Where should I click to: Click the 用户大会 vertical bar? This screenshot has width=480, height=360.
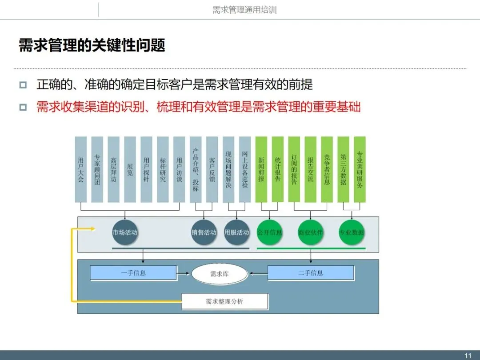(81, 169)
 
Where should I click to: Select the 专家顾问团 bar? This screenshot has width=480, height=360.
(97, 169)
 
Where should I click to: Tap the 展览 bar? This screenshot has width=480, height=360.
(130, 169)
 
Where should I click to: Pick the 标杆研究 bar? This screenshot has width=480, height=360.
(163, 169)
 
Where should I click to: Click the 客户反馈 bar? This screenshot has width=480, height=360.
(212, 169)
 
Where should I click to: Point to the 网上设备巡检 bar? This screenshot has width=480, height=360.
(245, 169)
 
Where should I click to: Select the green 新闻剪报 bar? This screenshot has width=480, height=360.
(261, 169)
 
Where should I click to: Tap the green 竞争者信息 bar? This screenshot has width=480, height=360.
(327, 169)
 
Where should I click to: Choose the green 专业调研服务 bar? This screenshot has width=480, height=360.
(360, 169)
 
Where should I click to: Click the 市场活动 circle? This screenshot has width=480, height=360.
(125, 232)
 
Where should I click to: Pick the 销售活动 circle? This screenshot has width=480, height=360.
(204, 232)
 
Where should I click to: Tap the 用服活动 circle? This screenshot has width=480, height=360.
(236, 232)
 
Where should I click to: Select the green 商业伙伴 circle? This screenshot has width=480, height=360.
(311, 232)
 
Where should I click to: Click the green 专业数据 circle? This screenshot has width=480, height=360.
(352, 232)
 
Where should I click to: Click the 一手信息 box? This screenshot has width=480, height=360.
(133, 273)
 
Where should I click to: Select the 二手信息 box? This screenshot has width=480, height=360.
(311, 273)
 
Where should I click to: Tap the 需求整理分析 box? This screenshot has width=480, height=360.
(225, 301)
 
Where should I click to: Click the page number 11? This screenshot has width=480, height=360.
(468, 356)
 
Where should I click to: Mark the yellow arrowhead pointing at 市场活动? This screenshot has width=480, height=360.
(93, 229)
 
